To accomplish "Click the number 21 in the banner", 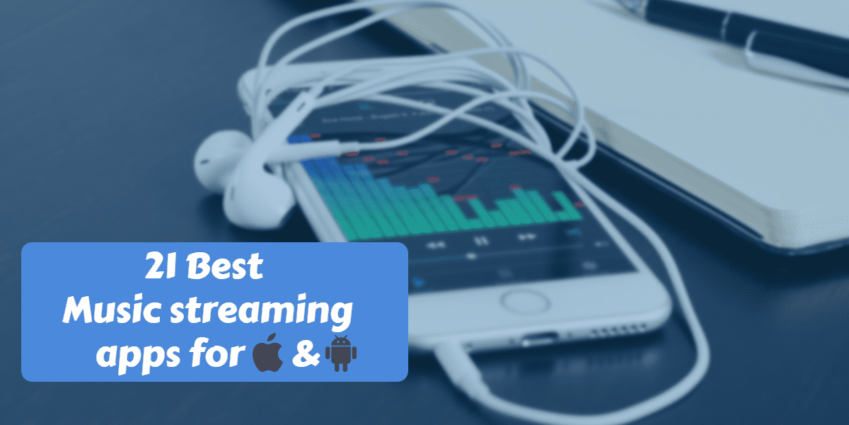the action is point(161,266).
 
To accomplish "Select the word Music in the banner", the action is point(114,309).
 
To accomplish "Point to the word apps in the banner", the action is point(137,356).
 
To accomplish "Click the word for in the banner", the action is point(216,351).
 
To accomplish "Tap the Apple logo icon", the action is point(268,353).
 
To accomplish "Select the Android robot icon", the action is point(341,353).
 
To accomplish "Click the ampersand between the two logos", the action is point(305,353).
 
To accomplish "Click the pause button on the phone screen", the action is point(481,241).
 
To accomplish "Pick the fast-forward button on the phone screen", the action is point(527,237).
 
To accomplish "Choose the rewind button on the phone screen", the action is point(437,245).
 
